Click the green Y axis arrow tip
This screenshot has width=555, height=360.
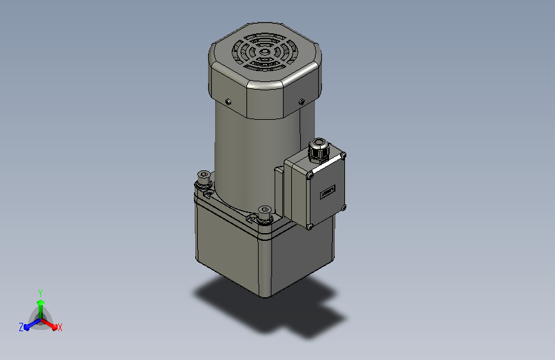[x=40, y=302]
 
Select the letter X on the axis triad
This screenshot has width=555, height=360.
[x=60, y=328]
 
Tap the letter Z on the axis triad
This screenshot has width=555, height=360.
[x=21, y=327]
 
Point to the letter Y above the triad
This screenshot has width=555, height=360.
[x=40, y=293]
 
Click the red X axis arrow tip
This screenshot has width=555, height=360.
[x=54, y=327]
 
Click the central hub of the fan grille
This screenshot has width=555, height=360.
[x=264, y=52]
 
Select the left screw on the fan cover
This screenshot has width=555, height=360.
[x=228, y=102]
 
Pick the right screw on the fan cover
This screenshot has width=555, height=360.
[x=302, y=102]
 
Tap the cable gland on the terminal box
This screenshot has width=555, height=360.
[x=319, y=149]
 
